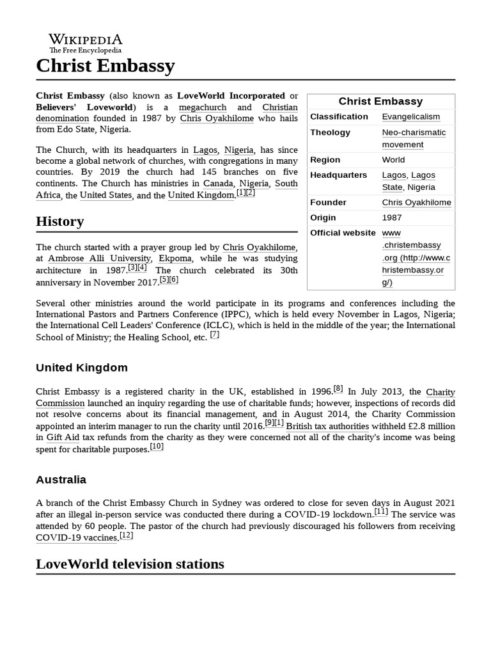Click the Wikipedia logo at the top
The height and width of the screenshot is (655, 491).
(x=86, y=42)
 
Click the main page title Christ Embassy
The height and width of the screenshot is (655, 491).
(x=105, y=66)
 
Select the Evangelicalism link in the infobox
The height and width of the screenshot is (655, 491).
(x=410, y=117)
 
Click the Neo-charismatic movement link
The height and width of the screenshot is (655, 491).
(x=414, y=138)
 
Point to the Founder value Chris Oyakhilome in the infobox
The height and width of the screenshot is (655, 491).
(x=416, y=203)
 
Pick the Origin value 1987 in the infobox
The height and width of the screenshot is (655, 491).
(x=392, y=218)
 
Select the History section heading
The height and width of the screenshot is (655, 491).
(x=60, y=222)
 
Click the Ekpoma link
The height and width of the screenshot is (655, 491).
(x=174, y=258)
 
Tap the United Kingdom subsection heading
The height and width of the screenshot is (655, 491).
(x=81, y=368)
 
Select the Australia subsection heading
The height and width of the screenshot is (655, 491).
(x=61, y=480)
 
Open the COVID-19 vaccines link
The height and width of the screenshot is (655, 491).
(x=77, y=538)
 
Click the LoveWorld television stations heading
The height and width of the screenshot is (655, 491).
(x=130, y=564)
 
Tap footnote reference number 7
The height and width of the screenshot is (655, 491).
(x=215, y=335)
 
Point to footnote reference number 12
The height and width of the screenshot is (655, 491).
(x=127, y=535)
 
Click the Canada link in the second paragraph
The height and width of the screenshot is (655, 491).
(x=218, y=184)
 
